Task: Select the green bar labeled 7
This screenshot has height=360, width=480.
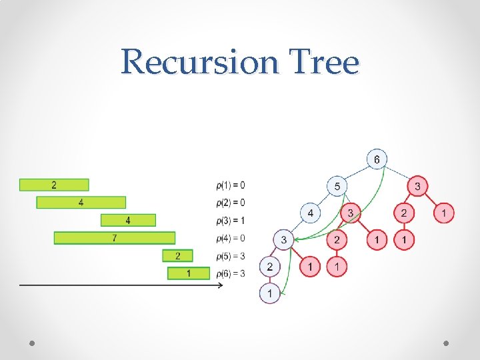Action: click(114, 238)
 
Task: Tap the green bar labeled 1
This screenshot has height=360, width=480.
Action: click(189, 273)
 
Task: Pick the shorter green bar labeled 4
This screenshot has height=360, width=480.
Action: click(128, 220)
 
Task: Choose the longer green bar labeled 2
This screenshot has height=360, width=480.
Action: click(54, 185)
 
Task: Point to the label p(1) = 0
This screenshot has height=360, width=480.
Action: click(231, 185)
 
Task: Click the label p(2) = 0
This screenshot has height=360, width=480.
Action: click(231, 203)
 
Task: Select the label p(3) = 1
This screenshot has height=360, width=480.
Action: click(231, 220)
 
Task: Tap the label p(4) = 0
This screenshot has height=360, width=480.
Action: click(231, 238)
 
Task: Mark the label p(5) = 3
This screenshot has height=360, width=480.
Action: click(231, 256)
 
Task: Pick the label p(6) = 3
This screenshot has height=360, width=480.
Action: click(231, 273)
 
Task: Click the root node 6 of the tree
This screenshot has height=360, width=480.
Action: click(377, 159)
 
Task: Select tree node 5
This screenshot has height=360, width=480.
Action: click(337, 186)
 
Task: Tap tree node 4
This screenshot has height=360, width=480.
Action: click(310, 213)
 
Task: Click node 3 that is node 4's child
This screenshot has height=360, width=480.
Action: click(283, 239)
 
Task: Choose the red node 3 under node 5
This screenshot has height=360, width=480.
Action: click(350, 213)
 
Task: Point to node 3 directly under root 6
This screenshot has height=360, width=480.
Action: click(417, 186)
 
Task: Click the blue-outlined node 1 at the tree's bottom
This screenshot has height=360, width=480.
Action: click(269, 293)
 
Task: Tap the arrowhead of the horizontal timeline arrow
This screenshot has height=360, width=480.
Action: click(220, 285)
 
